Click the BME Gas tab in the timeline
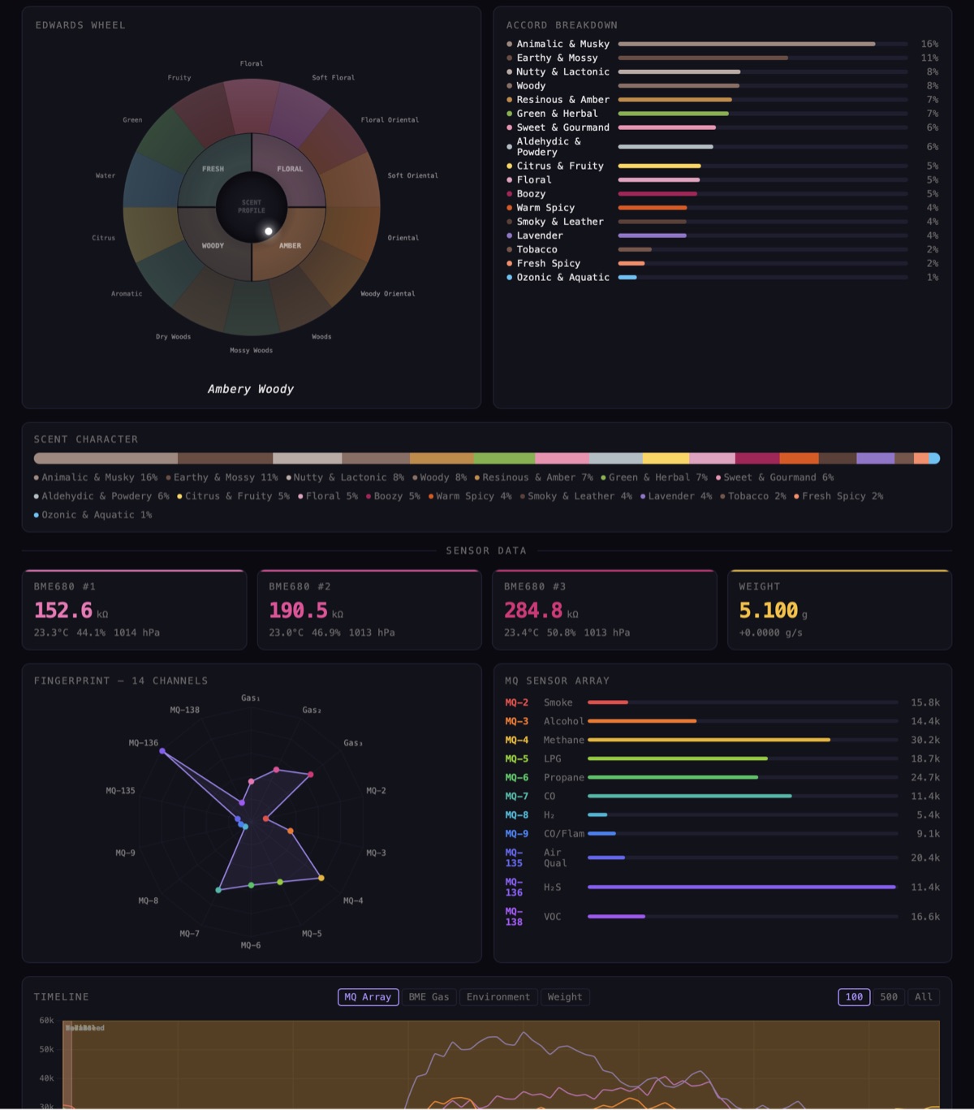coord(429,997)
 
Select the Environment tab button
coord(498,997)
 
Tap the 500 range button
coord(889,997)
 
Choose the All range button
coord(924,997)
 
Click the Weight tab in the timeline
coord(564,997)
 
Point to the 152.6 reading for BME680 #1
coord(63,611)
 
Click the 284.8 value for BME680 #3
coord(533,611)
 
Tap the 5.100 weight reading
coord(768,611)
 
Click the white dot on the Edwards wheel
coord(269,231)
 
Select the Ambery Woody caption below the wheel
coord(251,390)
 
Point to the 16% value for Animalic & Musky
coord(929,44)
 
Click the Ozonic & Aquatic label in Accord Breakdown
coord(562,278)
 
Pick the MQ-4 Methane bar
coord(709,740)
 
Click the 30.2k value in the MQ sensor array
coord(924,740)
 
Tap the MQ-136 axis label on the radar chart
coord(144,743)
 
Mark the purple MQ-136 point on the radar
coord(162,752)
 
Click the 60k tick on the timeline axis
coord(47,1021)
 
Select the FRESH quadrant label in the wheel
coord(213,169)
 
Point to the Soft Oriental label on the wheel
coord(412,175)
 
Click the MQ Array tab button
coord(368,997)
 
